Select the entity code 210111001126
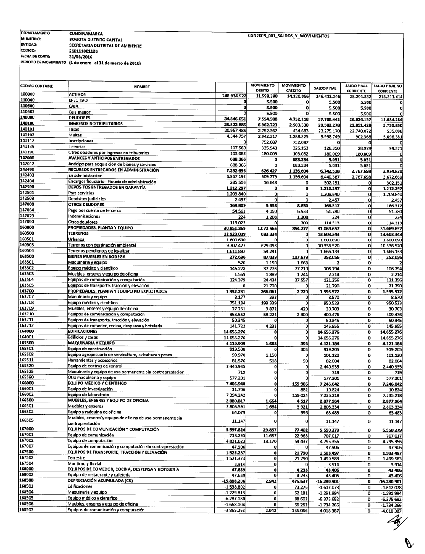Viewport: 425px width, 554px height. (x=83, y=51)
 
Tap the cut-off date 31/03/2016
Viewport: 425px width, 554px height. (x=81, y=57)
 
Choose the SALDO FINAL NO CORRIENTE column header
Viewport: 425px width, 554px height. (x=388, y=88)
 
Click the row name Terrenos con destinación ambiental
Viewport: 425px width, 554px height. (x=102, y=245)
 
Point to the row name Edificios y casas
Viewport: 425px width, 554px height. (x=83, y=337)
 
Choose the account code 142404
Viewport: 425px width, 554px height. (x=27, y=182)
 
